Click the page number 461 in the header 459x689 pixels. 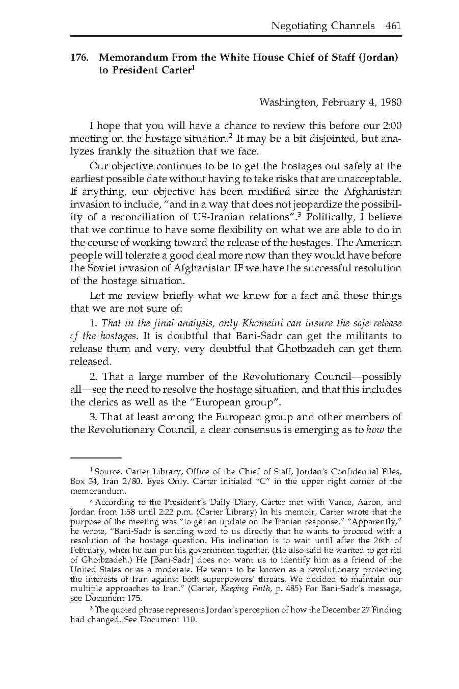[393, 25]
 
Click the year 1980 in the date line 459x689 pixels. [391, 102]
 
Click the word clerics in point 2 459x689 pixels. [105, 402]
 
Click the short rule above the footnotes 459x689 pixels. [96, 457]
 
